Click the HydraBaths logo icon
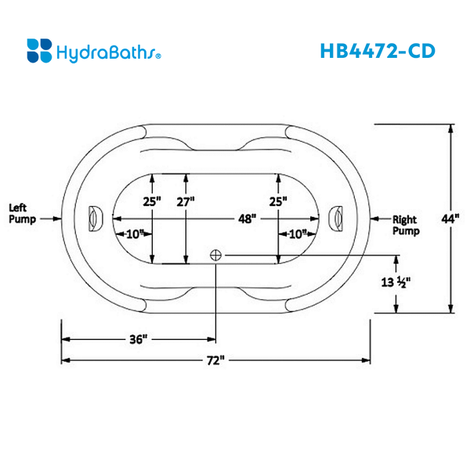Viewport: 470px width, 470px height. (x=38, y=51)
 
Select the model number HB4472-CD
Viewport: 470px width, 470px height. (x=377, y=50)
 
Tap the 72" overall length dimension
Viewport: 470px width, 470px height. (x=216, y=360)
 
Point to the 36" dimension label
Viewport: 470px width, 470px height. (x=138, y=339)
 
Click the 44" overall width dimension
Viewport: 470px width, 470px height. (x=449, y=220)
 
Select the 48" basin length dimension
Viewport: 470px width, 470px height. (x=248, y=220)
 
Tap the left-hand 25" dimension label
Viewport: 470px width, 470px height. (x=152, y=201)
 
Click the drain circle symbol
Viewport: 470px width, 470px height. (x=216, y=254)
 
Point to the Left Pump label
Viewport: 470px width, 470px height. (x=19, y=214)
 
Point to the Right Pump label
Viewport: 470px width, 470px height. (x=405, y=226)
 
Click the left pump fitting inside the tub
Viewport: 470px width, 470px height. (x=96, y=217)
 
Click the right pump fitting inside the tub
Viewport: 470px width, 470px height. (x=338, y=217)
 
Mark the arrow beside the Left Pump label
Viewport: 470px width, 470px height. (x=50, y=219)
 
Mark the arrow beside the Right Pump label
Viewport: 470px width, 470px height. (x=381, y=219)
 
